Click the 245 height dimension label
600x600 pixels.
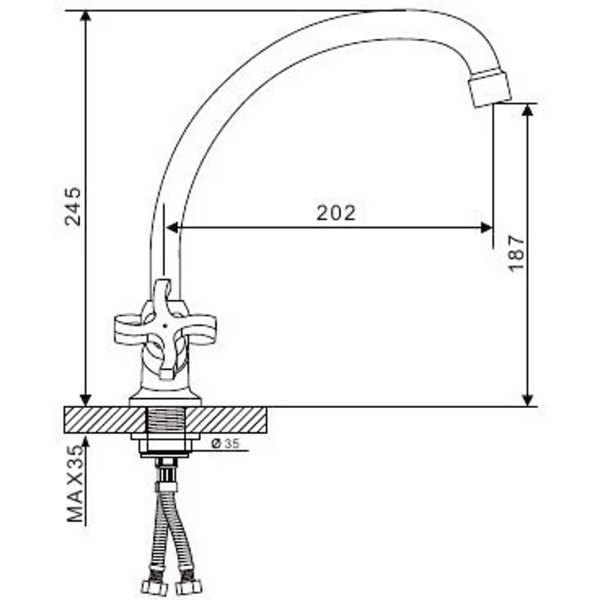tap(73, 207)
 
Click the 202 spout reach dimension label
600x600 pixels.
tap(336, 213)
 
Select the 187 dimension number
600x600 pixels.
tap(516, 253)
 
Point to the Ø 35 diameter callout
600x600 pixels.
tap(226, 443)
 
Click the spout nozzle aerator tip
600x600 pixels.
tap(490, 88)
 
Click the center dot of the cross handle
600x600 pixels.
tap(164, 326)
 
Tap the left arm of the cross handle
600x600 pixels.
tap(129, 329)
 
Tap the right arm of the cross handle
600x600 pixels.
tap(198, 329)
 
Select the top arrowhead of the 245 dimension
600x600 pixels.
tap(85, 16)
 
